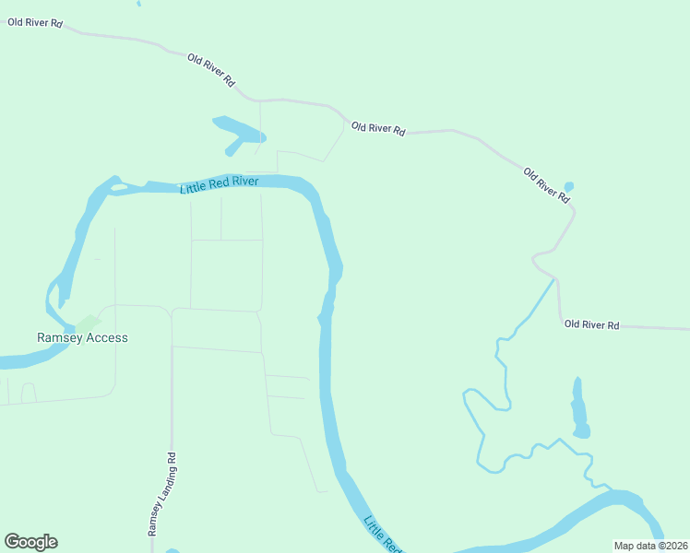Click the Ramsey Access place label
(82, 337)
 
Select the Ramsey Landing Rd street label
(160, 494)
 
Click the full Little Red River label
(219, 184)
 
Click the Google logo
(30, 542)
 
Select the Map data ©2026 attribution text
(651, 546)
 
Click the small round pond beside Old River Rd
(568, 187)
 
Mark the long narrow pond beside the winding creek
(579, 408)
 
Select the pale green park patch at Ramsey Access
(88, 323)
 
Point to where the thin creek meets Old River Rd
(556, 277)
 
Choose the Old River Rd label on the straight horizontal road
(591, 324)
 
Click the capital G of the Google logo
(12, 542)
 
